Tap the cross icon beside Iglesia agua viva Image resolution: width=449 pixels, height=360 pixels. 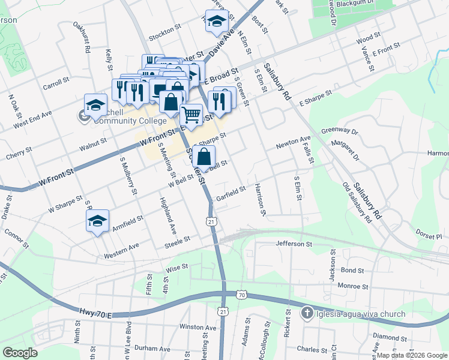(307, 313)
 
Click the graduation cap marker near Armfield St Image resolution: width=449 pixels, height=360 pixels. (97, 221)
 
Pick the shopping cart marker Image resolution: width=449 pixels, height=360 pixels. (191, 115)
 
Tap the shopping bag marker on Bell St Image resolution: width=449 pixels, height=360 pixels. (204, 157)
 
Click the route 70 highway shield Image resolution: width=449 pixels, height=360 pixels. (241, 295)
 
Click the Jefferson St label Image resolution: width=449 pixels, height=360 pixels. (294, 244)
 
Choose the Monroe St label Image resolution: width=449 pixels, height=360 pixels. (352, 286)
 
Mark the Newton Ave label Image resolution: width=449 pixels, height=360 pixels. (293, 145)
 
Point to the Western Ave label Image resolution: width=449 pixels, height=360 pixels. (121, 246)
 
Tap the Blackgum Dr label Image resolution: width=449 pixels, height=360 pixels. (356, 4)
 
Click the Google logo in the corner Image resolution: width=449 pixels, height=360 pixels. (20, 353)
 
